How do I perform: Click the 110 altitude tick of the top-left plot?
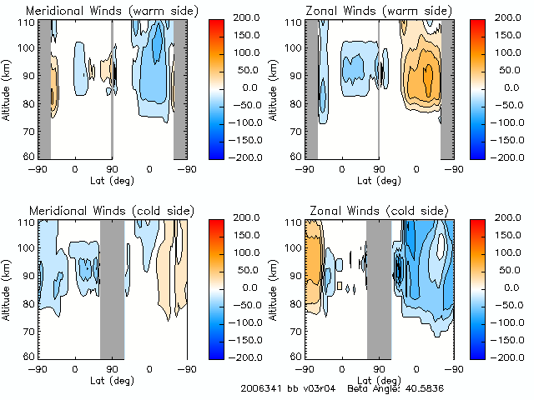coord(28,22)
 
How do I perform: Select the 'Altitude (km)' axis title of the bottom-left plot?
coord(8,288)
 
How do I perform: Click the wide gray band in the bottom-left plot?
coord(112,288)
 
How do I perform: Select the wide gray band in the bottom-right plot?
coord(379,288)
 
